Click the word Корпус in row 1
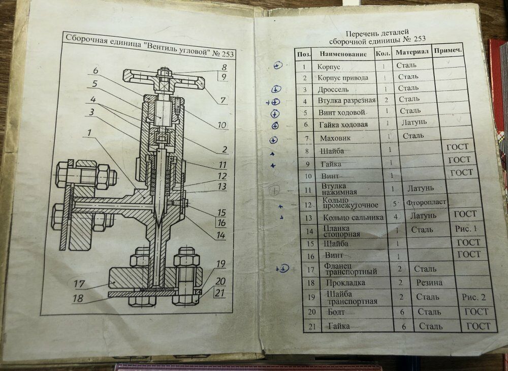pyautogui.click(x=329, y=66)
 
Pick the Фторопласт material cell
pyautogui.click(x=426, y=202)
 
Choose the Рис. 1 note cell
pyautogui.click(x=467, y=229)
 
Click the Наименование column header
pyautogui.click(x=343, y=53)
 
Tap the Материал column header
pyautogui.click(x=412, y=52)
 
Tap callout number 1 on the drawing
pyautogui.click(x=89, y=133)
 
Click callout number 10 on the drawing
pyautogui.click(x=222, y=125)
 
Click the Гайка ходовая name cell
pyautogui.click(x=343, y=125)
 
